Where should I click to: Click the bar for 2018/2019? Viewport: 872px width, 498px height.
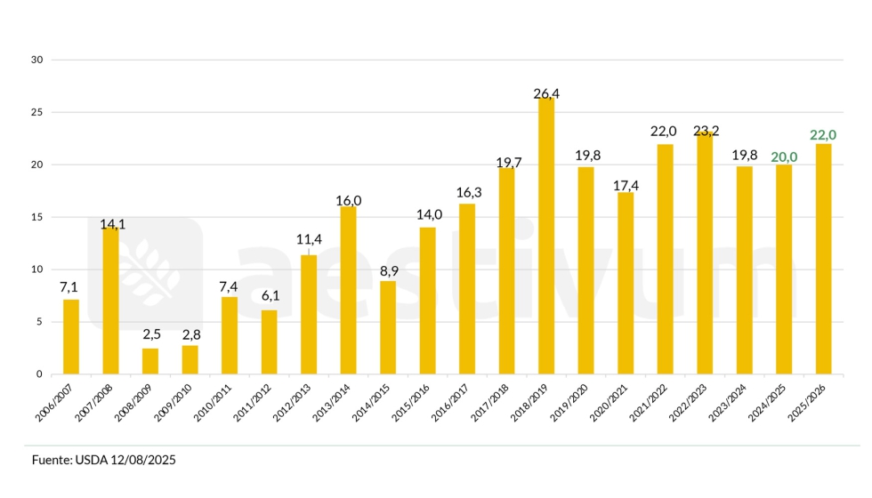tap(546, 236)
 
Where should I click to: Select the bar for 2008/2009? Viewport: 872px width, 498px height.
tap(150, 361)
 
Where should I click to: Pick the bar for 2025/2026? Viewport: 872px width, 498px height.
tap(824, 259)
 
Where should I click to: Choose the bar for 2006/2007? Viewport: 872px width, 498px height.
tap(71, 337)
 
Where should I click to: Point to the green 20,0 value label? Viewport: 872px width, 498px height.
tap(784, 157)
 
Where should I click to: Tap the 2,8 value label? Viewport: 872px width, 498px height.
tap(190, 333)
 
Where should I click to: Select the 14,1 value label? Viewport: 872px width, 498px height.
tap(110, 223)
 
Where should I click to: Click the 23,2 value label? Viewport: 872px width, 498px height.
tap(706, 131)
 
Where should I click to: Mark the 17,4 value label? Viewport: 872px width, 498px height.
tap(626, 186)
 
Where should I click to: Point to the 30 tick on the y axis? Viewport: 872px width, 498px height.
tap(36, 60)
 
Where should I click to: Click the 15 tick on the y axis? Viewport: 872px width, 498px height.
tap(36, 217)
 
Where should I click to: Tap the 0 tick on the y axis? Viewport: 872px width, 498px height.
tap(39, 374)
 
